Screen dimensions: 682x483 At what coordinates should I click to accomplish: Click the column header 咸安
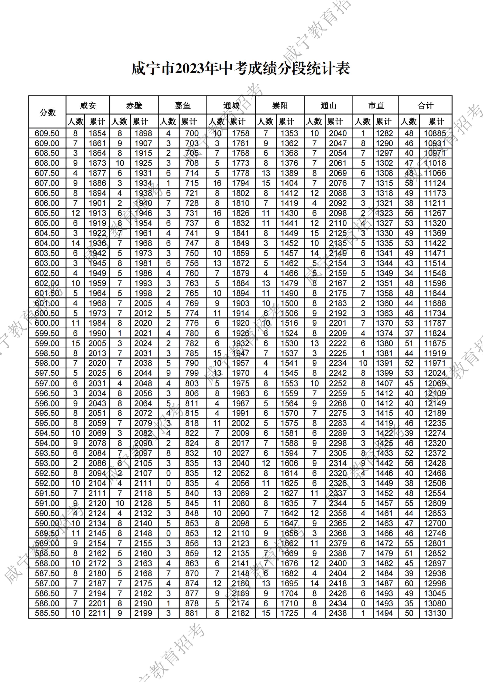click(88, 105)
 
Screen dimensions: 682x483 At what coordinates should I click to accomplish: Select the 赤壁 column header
click(134, 105)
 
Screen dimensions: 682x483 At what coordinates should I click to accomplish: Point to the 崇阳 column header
click(280, 105)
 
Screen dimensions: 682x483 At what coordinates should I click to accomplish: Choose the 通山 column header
click(328, 105)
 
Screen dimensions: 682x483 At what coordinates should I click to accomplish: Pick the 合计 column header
click(425, 105)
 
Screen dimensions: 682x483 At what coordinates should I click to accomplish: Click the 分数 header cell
click(48, 112)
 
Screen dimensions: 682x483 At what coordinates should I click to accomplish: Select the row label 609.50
click(47, 133)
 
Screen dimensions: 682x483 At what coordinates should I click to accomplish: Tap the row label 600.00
click(47, 323)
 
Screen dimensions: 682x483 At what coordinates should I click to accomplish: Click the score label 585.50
click(47, 613)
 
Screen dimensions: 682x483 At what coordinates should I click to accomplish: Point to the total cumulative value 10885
click(435, 133)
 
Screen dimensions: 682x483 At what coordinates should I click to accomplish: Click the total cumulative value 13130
click(435, 613)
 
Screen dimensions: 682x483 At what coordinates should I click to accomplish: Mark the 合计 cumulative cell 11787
click(435, 323)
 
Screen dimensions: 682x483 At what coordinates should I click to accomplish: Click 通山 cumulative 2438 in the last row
click(338, 613)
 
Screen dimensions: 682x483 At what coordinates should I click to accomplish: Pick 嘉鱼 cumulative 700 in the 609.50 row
click(192, 133)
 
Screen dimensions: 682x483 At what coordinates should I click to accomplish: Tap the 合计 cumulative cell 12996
click(435, 583)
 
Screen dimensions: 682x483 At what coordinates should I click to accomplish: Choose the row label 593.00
click(47, 463)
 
